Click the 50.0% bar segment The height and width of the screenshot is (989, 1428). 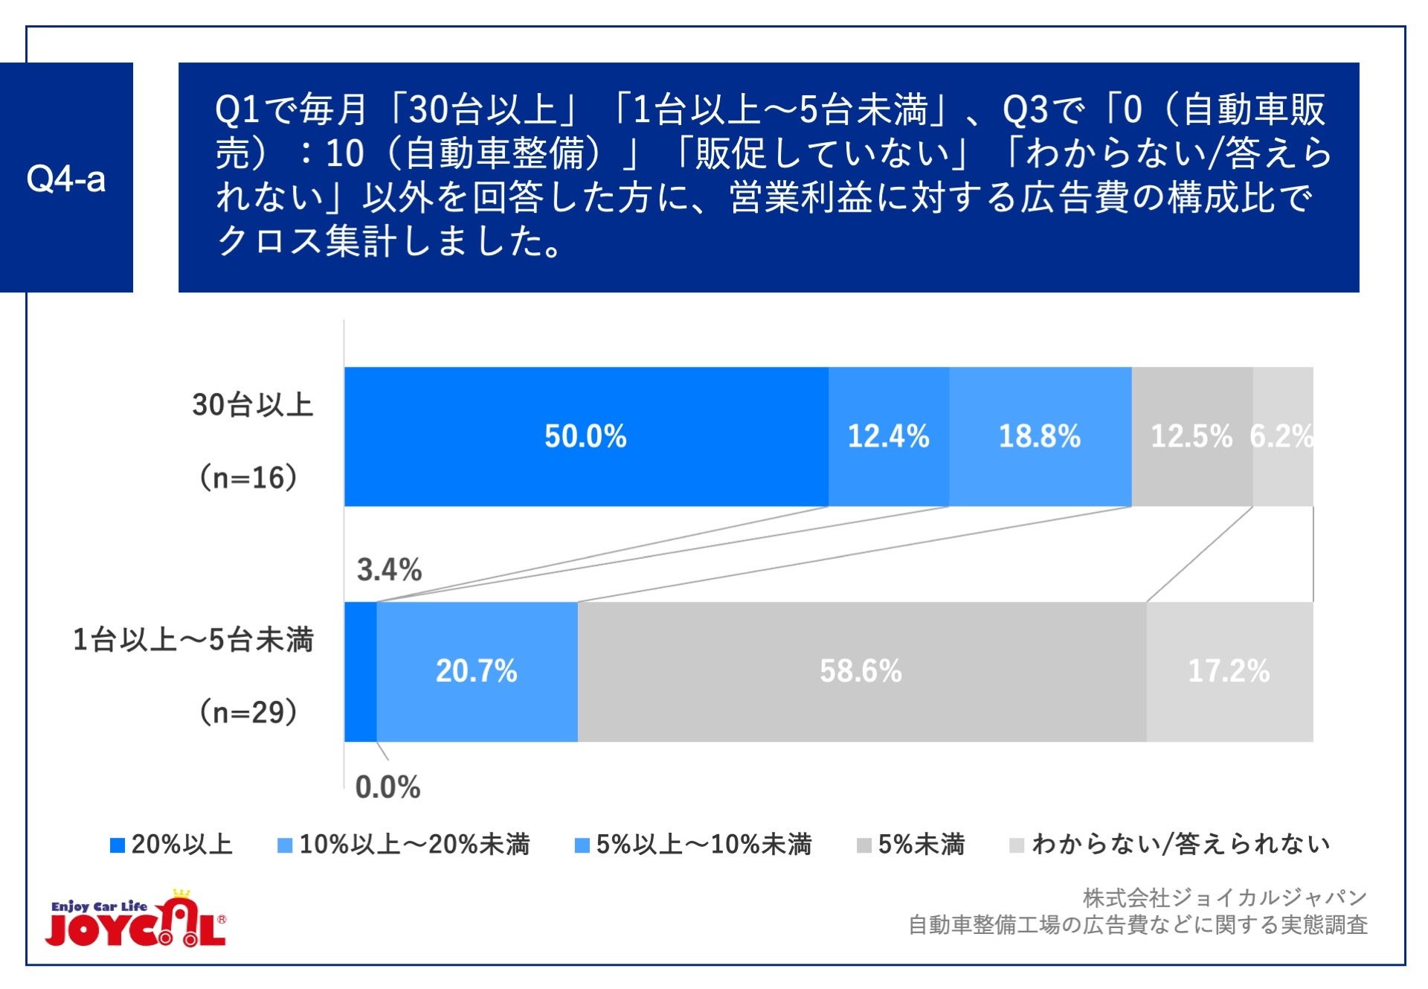pyautogui.click(x=585, y=436)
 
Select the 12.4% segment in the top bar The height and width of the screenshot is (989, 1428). pyautogui.click(x=888, y=436)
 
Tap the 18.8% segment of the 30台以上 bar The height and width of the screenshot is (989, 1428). pyautogui.click(x=1039, y=436)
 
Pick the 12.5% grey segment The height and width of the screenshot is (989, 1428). pyautogui.click(x=1191, y=436)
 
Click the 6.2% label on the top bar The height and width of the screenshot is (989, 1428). pyautogui.click(x=1281, y=436)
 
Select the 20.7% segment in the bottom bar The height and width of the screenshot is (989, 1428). pyautogui.click(x=477, y=671)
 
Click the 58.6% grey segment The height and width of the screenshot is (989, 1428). pyautogui.click(x=861, y=671)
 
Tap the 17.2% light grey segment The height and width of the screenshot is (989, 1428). pyautogui.click(x=1229, y=671)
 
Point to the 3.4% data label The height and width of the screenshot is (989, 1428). pyautogui.click(x=389, y=570)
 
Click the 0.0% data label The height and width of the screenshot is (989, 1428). pyautogui.click(x=387, y=787)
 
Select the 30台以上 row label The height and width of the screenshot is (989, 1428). pyautogui.click(x=253, y=405)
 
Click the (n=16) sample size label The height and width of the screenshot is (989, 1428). pyautogui.click(x=248, y=477)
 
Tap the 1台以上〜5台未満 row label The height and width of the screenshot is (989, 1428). pyautogui.click(x=193, y=640)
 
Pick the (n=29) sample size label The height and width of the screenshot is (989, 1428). pyautogui.click(x=248, y=712)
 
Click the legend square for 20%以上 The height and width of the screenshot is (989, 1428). pyautogui.click(x=117, y=845)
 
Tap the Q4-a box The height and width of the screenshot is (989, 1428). pyautogui.click(x=66, y=178)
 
